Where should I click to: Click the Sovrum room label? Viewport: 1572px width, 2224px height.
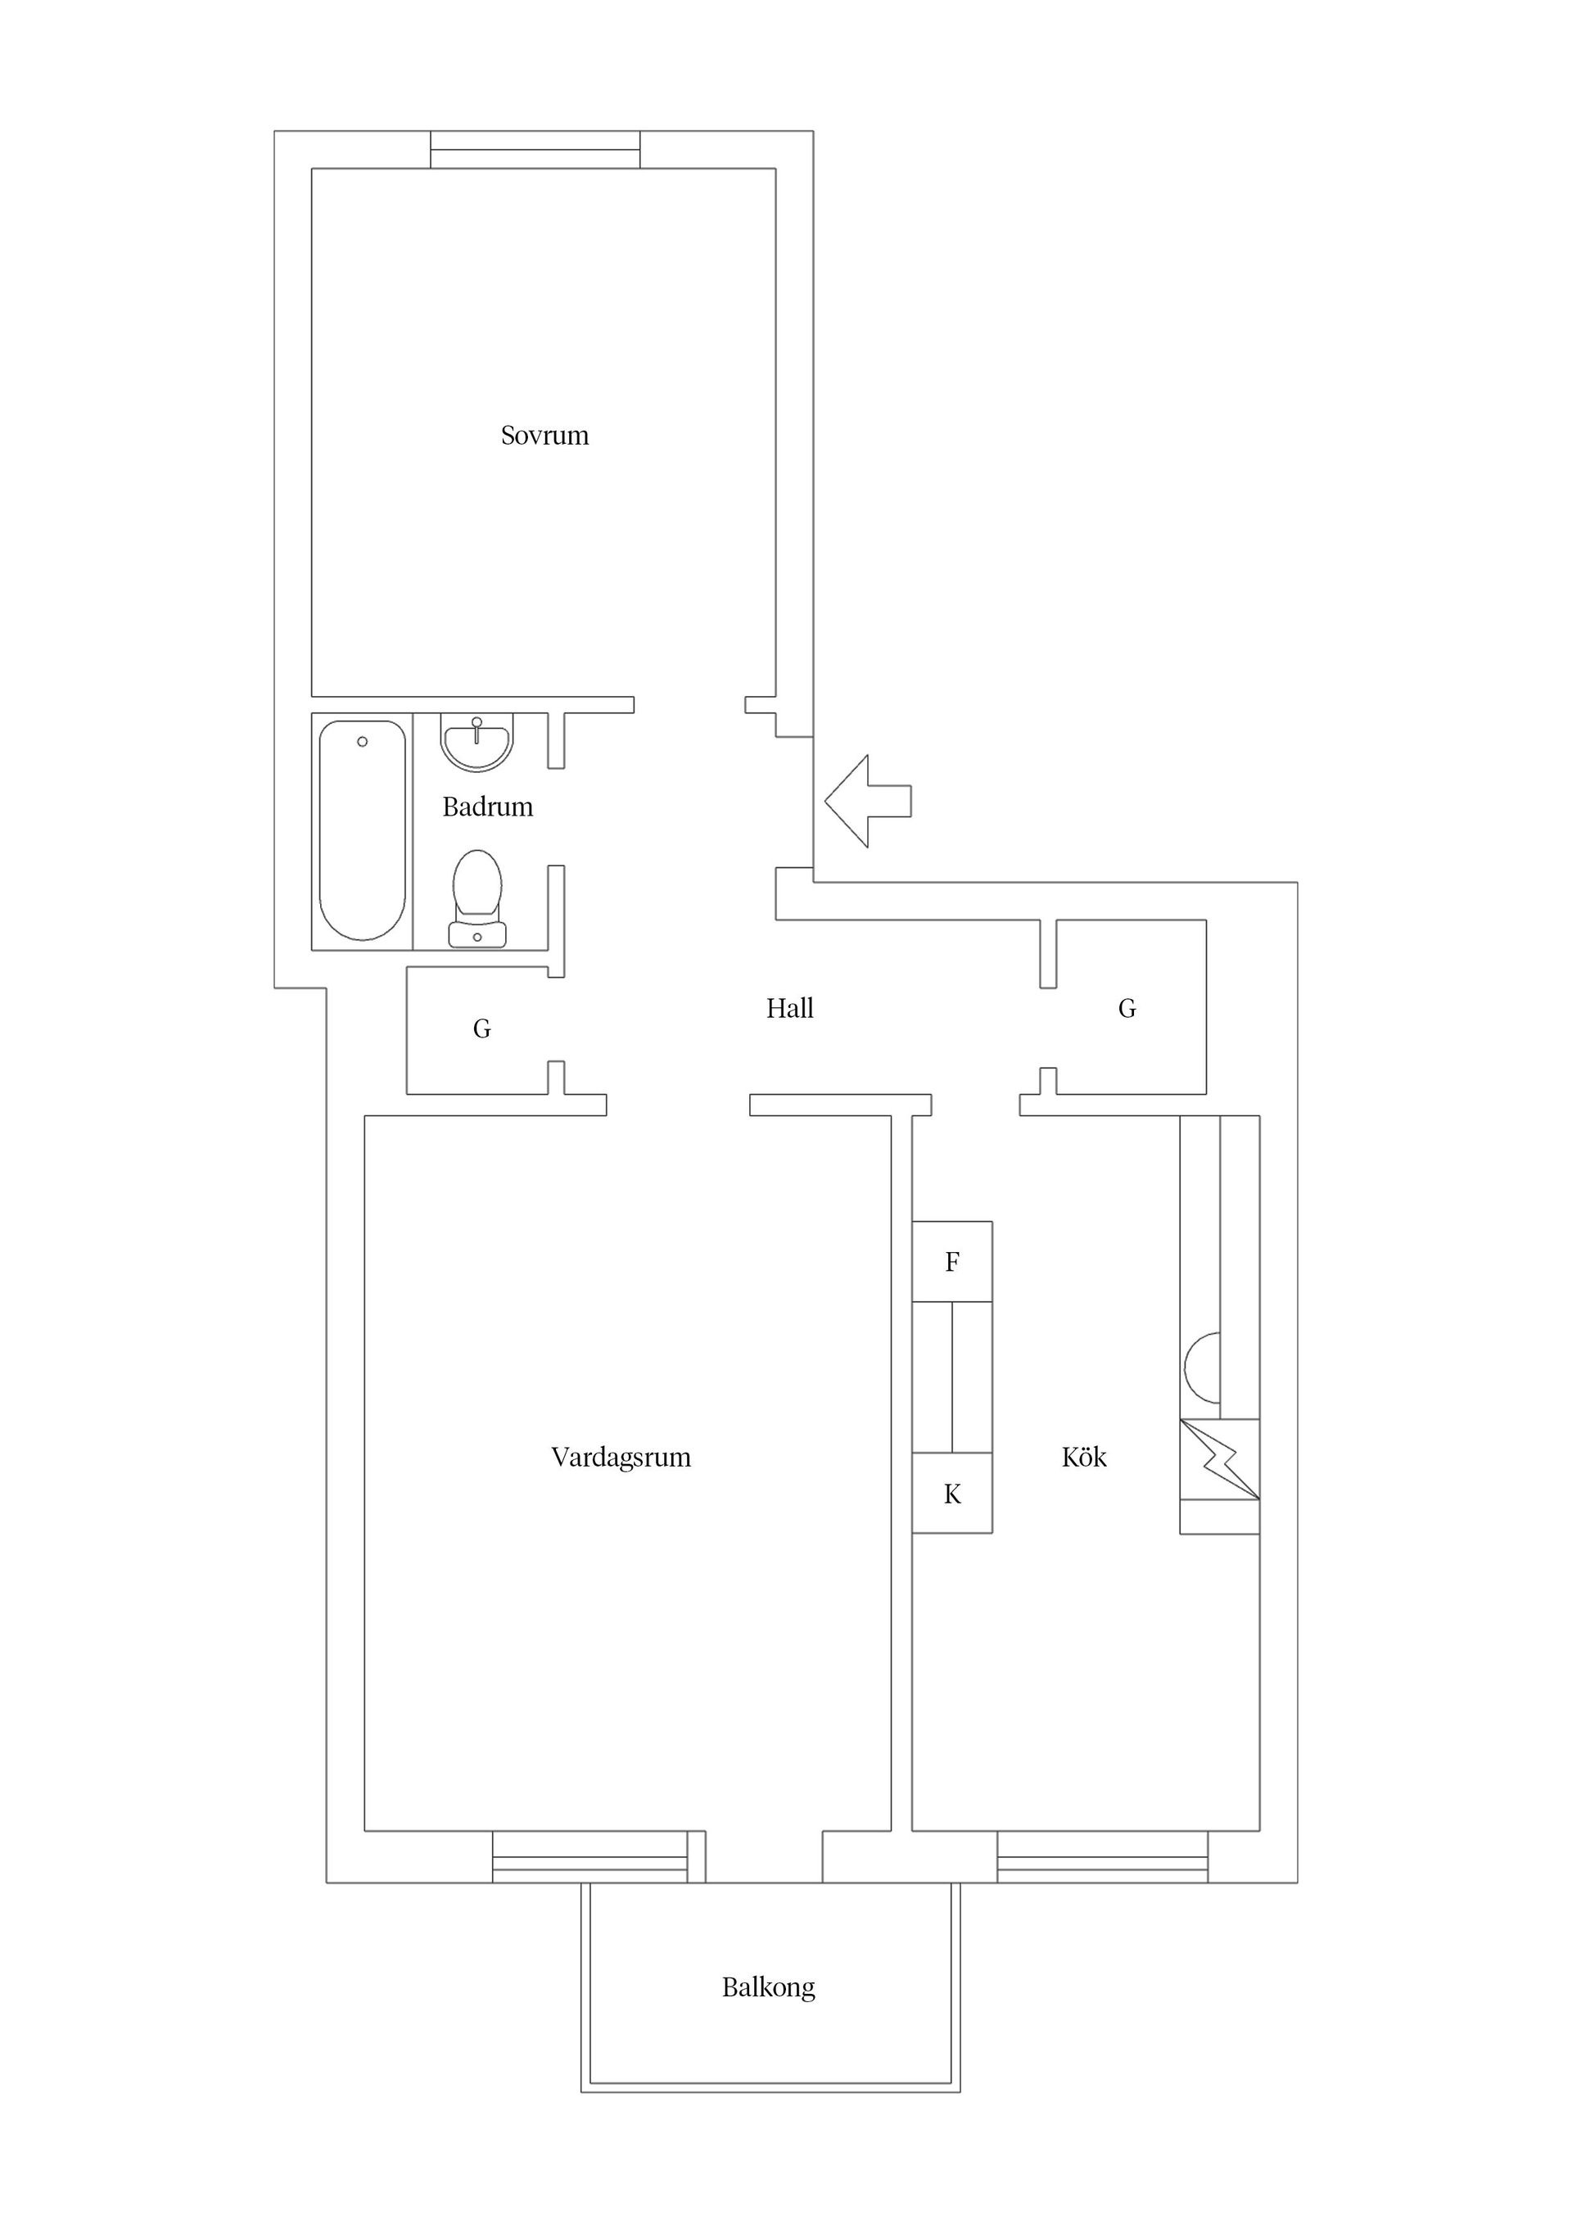tap(544, 436)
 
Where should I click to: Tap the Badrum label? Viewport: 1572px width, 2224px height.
tap(487, 807)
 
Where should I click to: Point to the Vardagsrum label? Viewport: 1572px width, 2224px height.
tap(621, 1457)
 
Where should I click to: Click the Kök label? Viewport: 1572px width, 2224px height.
tap(1084, 1457)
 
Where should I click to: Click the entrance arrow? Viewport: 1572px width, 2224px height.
tap(868, 801)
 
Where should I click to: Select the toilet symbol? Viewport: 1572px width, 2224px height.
tap(477, 897)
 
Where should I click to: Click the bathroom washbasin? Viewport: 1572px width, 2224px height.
tap(477, 742)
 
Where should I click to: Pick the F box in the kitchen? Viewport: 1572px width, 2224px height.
tap(952, 1261)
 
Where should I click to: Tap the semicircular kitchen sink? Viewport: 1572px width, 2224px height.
tap(1202, 1367)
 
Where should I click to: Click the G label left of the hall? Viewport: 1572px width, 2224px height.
tap(481, 1028)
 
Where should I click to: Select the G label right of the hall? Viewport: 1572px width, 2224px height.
tap(1127, 1010)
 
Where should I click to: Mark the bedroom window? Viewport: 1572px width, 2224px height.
tap(535, 150)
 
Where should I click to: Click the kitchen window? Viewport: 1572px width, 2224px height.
tap(1103, 1857)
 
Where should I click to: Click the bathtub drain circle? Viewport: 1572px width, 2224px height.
tap(362, 742)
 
